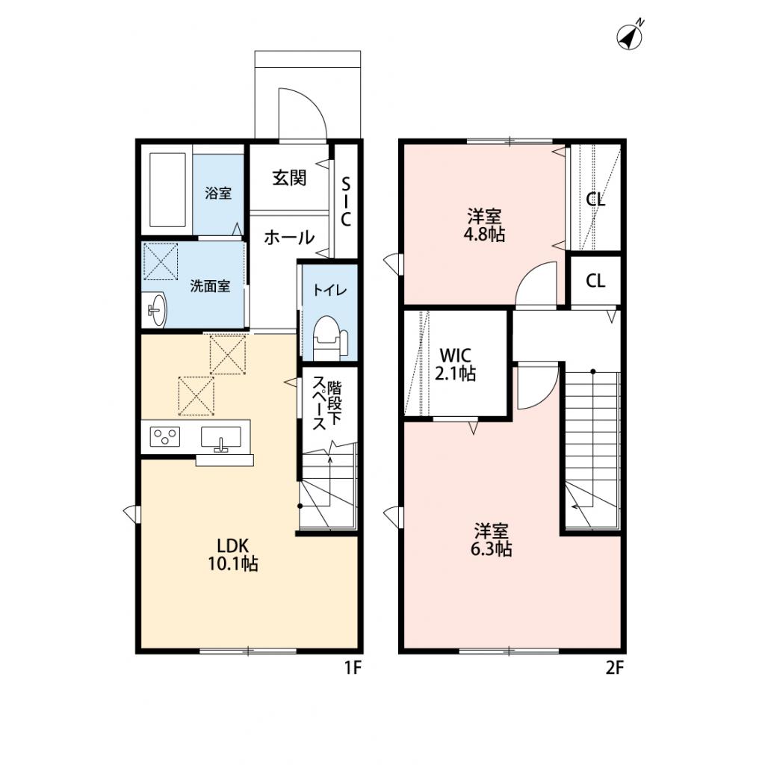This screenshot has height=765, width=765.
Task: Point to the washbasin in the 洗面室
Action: pos(156,309)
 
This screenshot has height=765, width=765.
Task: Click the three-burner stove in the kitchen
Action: pos(165,436)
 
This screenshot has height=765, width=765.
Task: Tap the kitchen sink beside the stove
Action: pos(220,436)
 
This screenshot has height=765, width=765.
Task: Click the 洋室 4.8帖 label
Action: pos(485,226)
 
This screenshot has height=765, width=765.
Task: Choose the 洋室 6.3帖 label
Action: pos(492,540)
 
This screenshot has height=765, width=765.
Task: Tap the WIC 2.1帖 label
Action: pos(456,364)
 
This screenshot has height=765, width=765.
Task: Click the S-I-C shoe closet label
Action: pos(346,202)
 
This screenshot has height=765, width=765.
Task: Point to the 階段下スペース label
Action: pos(326,404)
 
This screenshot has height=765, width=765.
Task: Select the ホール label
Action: pos(288,238)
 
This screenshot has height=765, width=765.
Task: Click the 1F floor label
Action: pos(353,669)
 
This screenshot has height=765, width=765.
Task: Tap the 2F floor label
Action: pos(614,669)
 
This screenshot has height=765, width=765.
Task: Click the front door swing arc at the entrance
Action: pos(301,113)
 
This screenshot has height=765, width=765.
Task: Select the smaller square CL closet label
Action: pos(595,281)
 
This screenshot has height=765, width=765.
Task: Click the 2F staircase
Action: pos(592,448)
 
